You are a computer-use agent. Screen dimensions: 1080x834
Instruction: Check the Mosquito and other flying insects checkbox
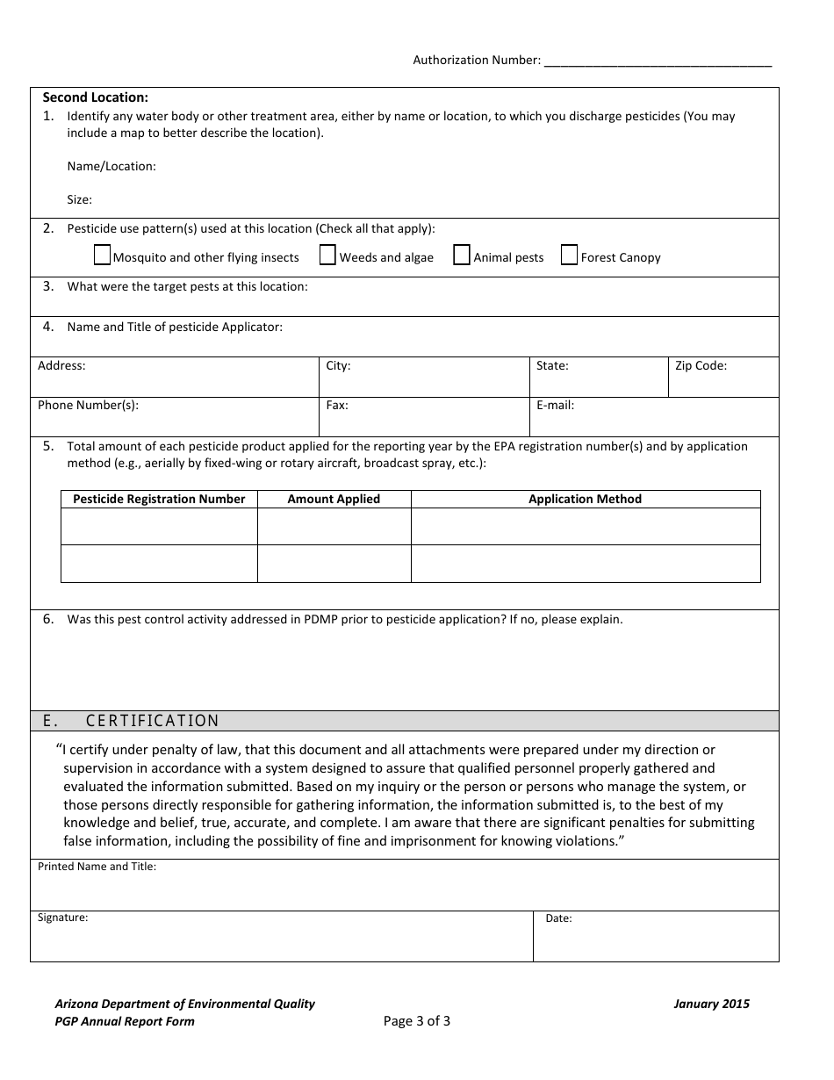tap(102, 256)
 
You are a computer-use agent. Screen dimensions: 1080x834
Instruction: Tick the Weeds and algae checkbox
tap(327, 256)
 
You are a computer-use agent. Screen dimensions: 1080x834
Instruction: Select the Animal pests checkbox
tap(462, 256)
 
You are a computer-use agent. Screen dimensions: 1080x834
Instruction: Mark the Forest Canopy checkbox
tap(569, 256)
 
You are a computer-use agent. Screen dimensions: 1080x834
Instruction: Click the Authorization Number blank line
tap(658, 61)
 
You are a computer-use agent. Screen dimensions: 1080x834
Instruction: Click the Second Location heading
tap(96, 97)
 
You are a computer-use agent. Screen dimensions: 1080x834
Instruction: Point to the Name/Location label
tap(111, 166)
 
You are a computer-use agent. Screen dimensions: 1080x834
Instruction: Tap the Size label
tap(79, 199)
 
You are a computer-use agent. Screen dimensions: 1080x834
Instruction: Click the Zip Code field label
tap(700, 365)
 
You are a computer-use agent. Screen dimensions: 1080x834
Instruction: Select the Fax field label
tap(337, 406)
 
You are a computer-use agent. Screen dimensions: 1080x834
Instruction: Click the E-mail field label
tap(555, 406)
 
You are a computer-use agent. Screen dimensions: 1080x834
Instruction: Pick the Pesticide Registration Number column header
tap(159, 499)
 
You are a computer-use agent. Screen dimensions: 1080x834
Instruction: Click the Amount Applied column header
tap(334, 499)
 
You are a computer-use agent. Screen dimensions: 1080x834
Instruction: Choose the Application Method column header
tap(585, 499)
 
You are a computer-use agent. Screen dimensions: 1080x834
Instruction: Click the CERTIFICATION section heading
tap(152, 721)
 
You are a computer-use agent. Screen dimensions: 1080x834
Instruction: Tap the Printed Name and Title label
tap(97, 867)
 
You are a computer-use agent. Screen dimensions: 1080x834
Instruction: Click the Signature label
tap(62, 918)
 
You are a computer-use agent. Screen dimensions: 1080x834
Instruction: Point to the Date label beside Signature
tap(558, 918)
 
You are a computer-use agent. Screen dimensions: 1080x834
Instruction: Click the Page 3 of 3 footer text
tap(417, 1020)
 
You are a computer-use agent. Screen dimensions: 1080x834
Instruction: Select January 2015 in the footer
tap(711, 1004)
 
